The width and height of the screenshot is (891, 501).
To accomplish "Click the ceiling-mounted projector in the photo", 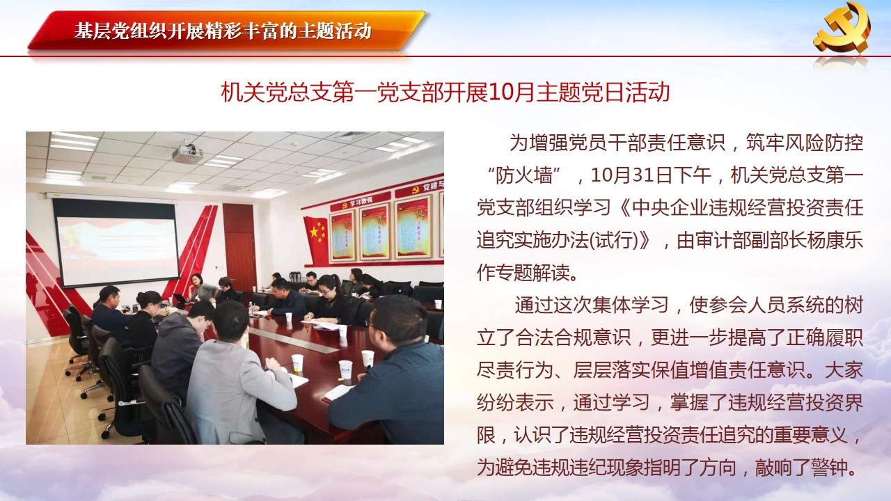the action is pyautogui.click(x=188, y=152).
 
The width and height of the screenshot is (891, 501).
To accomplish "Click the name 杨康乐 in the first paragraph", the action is pyautogui.click(x=834, y=240).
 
